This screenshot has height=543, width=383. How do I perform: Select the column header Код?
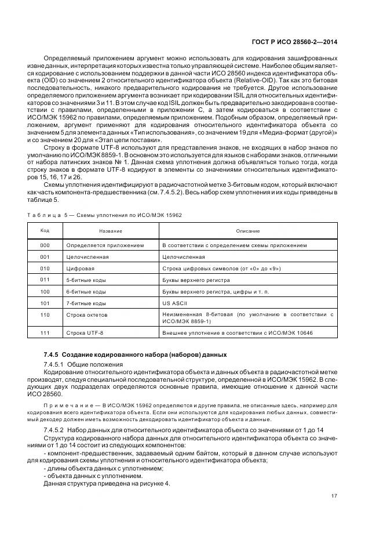45,230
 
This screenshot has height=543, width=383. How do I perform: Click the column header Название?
110,230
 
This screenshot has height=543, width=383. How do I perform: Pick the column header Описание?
247,230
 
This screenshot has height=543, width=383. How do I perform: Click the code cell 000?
45,245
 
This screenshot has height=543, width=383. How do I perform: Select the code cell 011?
45,280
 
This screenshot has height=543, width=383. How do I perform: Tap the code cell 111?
45,334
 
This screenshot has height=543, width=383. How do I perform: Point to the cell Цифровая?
80,268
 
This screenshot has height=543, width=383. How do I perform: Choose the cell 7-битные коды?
86,303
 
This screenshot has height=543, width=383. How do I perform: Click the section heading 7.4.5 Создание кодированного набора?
135,354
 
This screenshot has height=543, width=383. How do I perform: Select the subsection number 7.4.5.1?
56,363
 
